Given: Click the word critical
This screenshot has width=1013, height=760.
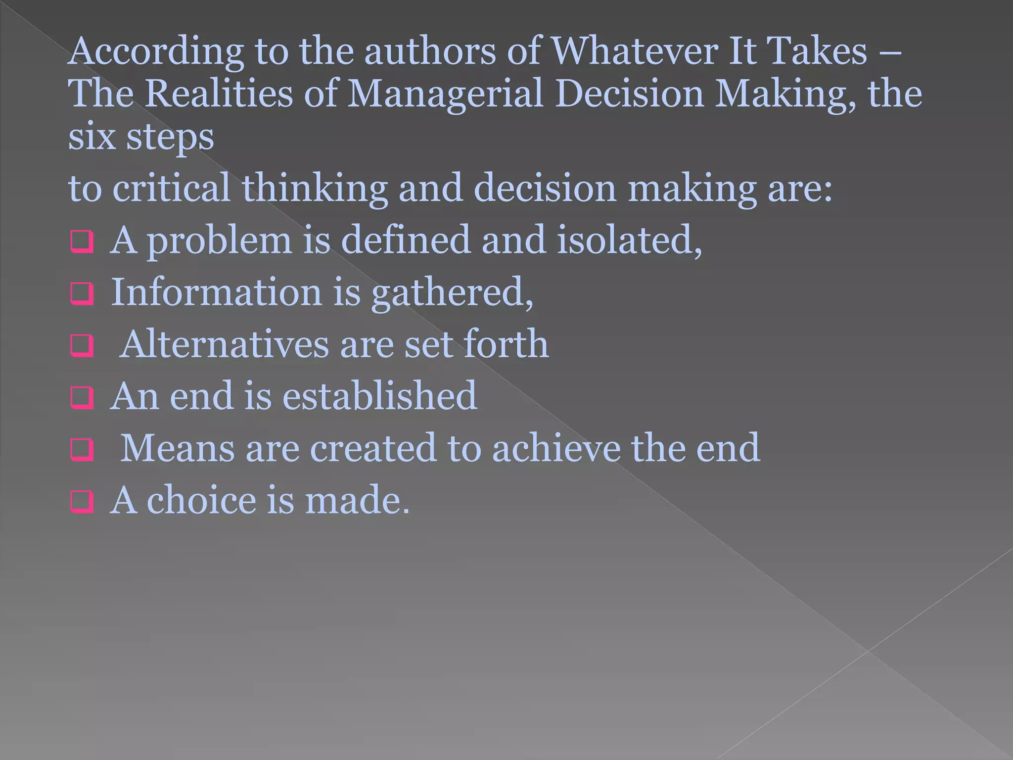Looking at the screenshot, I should (x=171, y=188).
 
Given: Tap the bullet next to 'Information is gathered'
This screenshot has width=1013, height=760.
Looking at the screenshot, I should (x=82, y=295).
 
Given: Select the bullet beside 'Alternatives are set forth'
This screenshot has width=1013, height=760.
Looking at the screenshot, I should (x=82, y=347).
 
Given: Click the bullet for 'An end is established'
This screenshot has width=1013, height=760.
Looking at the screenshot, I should (x=82, y=399).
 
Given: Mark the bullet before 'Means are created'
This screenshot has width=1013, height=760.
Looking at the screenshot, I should (x=82, y=450).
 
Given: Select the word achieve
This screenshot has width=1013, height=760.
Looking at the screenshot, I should (x=555, y=448).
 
